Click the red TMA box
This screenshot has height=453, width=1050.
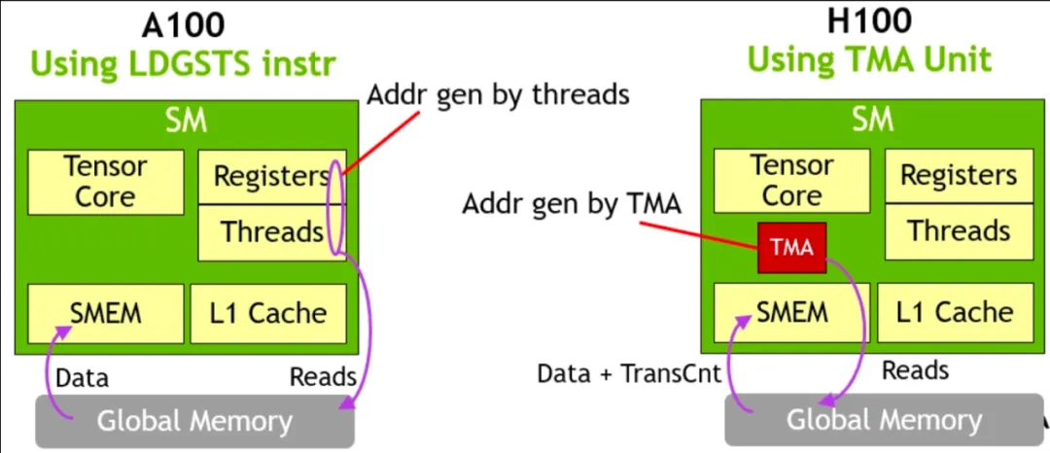791,247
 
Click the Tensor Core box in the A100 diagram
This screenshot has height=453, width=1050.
105,182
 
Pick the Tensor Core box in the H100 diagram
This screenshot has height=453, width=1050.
791,181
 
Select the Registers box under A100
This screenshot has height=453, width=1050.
270,177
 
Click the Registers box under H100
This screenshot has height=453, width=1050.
958,175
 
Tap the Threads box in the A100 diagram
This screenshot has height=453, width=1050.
270,232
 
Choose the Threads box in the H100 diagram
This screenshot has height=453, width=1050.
958,230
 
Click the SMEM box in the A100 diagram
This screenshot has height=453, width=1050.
105,313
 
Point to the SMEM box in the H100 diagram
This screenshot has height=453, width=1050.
791,312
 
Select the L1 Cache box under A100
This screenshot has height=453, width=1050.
268,313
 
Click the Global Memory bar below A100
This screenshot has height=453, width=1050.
194,421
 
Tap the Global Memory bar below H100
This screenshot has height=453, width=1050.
883,419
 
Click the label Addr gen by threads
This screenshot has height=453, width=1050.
498,95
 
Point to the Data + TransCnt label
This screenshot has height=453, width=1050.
629,374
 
